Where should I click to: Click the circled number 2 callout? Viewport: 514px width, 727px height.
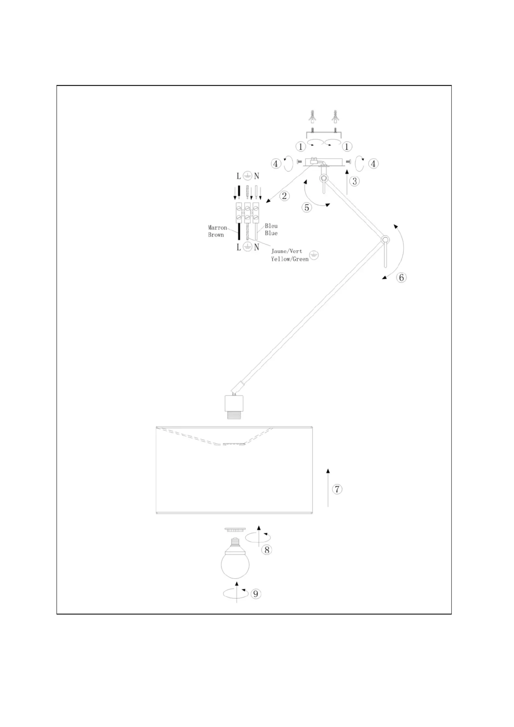[284, 196]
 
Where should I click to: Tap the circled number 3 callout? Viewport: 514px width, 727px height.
[355, 181]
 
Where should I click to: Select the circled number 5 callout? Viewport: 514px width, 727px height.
[307, 207]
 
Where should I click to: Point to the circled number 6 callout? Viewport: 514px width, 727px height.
[401, 278]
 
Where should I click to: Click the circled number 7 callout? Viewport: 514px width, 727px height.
[337, 489]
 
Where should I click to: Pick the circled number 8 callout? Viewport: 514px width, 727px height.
[267, 550]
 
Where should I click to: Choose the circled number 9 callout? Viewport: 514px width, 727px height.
[256, 594]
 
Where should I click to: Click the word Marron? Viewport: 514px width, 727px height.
[217, 228]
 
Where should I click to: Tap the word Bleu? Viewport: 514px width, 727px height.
[271, 226]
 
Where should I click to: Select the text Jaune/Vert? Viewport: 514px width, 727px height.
[287, 251]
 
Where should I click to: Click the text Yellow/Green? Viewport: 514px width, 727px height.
[290, 259]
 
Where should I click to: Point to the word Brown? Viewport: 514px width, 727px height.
[216, 235]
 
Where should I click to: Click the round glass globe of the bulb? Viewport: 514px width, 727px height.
[235, 564]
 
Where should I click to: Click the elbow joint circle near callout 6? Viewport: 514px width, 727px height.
[385, 240]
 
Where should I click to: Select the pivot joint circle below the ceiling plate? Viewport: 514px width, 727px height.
[324, 178]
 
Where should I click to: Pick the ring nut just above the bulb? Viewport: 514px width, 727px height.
[235, 529]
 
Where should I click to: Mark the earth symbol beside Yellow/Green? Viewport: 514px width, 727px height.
[314, 256]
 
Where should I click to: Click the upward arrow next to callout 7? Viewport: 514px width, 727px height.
[328, 487]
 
